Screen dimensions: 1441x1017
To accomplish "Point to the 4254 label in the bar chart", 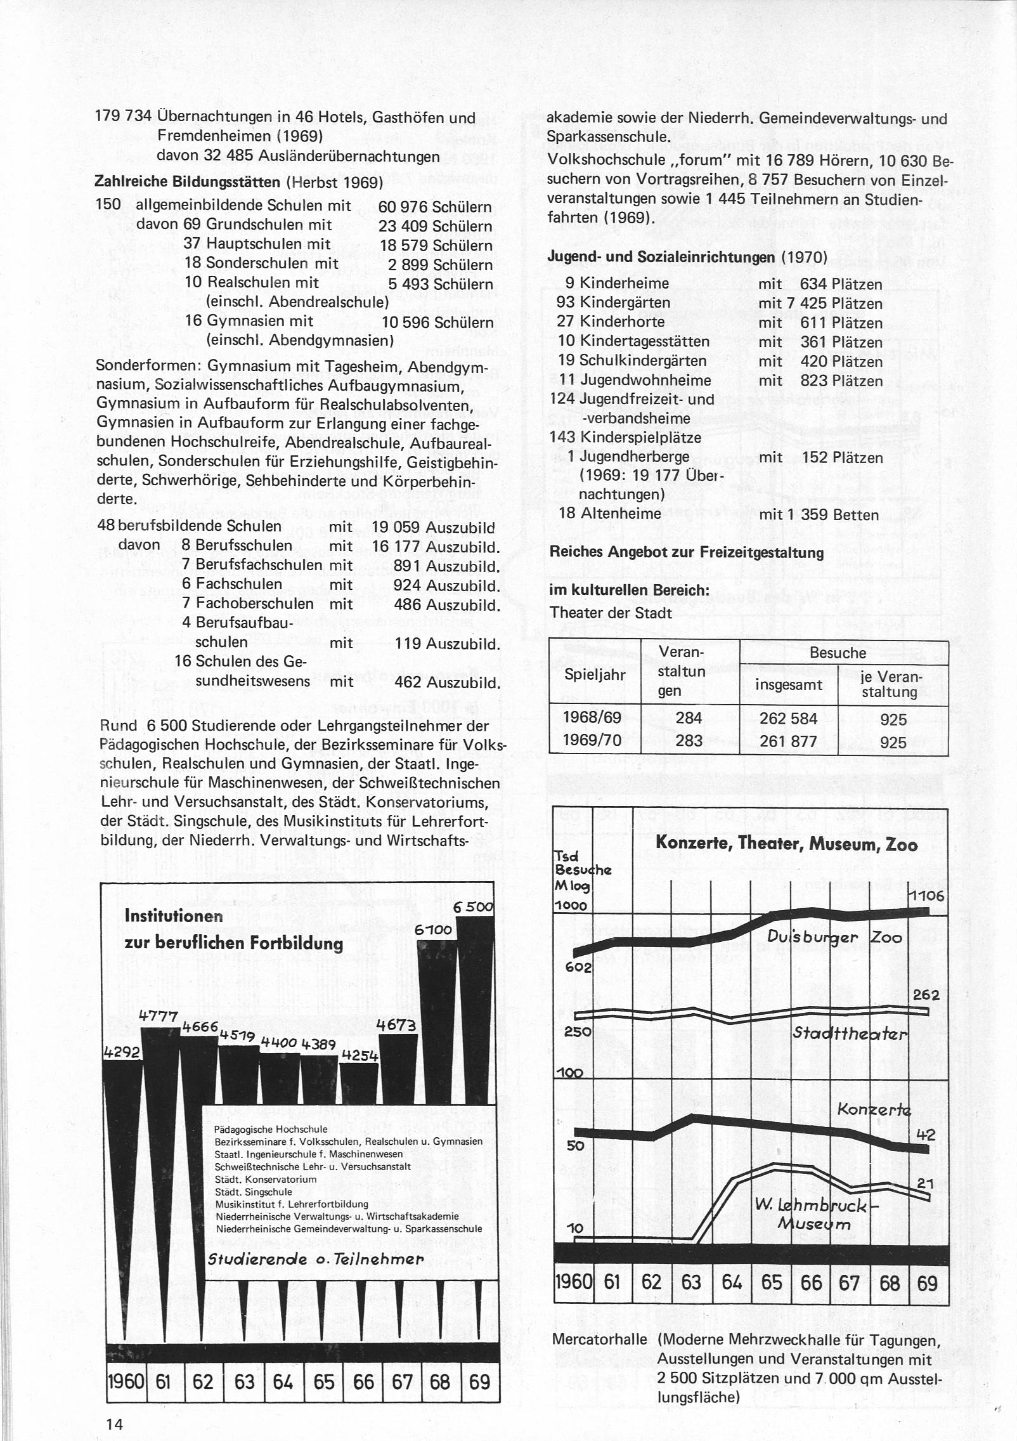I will coord(360,1055).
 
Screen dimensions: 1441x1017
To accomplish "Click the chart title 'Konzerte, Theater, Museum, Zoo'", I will coord(786,845).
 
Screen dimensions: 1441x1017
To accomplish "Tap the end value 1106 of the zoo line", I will coord(927,896).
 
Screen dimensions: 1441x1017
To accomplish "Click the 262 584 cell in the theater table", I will coord(789,720).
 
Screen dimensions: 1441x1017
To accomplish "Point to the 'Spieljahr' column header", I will coord(595,675).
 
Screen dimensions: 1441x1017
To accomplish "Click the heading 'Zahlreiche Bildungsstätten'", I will coord(188,181).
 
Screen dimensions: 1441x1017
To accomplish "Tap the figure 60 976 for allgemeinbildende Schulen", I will coord(403,207).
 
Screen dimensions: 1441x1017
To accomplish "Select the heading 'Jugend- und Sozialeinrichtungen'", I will coord(662,258).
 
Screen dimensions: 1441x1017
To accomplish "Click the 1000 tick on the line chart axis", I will coord(571,906).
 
